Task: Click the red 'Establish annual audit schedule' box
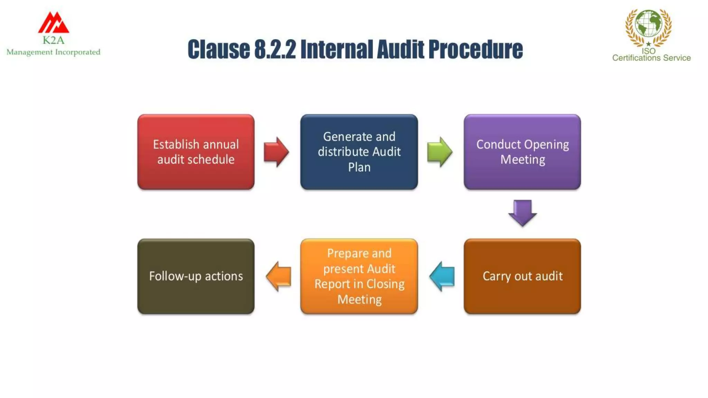pos(196,152)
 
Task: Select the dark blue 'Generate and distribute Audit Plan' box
pos(359,152)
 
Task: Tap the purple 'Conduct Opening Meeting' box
pos(522,152)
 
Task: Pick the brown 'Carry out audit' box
pos(522,276)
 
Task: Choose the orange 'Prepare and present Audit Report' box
pos(359,276)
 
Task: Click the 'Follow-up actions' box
pos(196,276)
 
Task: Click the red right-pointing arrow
pos(276,152)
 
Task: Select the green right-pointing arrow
pos(439,152)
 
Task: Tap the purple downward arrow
pos(522,212)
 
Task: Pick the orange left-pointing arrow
pos(279,276)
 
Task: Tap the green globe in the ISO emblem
pos(649,23)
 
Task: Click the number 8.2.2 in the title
pos(275,49)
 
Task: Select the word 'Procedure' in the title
pos(475,49)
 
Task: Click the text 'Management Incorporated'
pos(53,52)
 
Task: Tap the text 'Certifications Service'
pos(651,58)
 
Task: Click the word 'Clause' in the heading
pos(218,49)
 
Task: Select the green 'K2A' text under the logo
pos(53,40)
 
